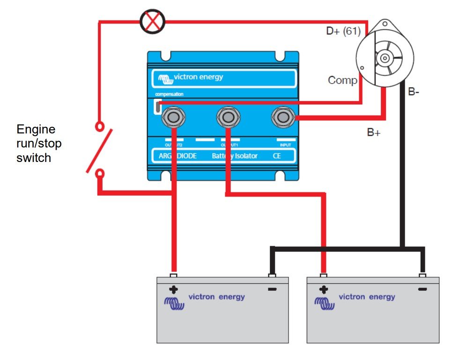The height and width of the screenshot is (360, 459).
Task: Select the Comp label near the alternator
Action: [x=342, y=80]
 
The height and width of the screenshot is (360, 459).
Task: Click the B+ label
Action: [x=374, y=132]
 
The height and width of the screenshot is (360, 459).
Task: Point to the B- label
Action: [x=414, y=92]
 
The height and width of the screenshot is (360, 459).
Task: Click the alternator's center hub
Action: [x=385, y=58]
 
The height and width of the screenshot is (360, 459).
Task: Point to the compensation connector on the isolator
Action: [x=158, y=107]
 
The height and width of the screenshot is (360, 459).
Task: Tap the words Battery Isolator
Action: [x=234, y=155]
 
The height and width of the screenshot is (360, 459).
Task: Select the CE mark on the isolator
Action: [x=277, y=155]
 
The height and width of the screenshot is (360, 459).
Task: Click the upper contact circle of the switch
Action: [x=99, y=126]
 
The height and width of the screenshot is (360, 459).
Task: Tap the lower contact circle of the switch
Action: [x=99, y=174]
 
